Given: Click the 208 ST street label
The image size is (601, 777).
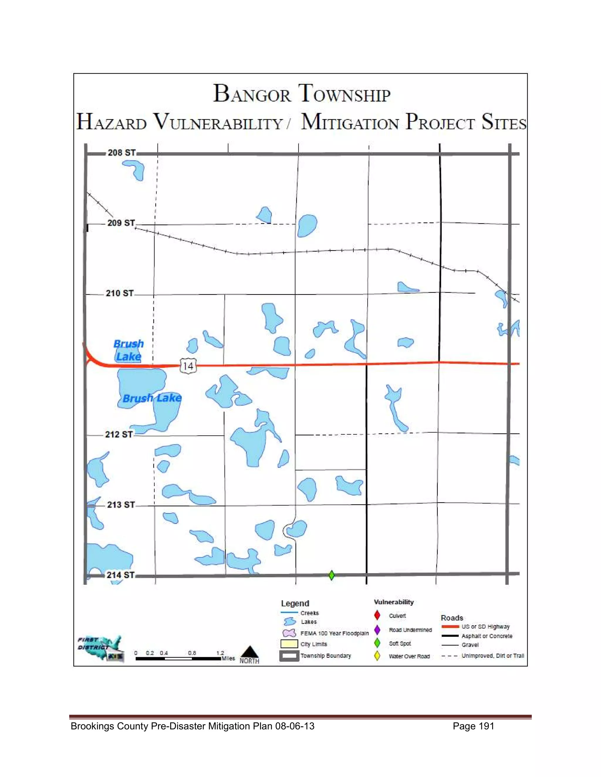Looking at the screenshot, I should coord(122,153).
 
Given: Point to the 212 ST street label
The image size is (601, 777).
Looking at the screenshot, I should coord(119,435).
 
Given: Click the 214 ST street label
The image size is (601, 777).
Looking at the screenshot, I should coord(121,575).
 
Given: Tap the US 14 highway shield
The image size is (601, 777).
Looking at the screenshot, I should coord(188,366).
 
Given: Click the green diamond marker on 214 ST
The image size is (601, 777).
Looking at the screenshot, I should coord(332,575).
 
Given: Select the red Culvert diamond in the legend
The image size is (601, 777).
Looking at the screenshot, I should coord(377,615).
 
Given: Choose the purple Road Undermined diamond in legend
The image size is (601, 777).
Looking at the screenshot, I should coord(377,630).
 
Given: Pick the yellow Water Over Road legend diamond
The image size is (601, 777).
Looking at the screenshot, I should coord(377,656).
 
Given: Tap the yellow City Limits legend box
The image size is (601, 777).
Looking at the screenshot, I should coord(289,644).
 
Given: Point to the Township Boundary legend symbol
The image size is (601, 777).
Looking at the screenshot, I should coord(289,656).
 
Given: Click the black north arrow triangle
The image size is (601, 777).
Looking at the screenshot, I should coord(250,652).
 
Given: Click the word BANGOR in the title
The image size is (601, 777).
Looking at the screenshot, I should coord(252,94).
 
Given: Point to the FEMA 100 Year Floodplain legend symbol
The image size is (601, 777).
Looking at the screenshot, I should coord(289,633).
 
